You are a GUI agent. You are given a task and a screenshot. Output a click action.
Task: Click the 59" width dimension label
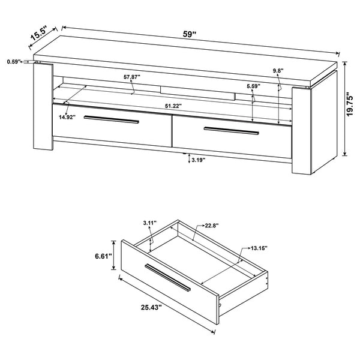pyautogui.click(x=190, y=34)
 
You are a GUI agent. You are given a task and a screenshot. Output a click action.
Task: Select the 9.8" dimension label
pyautogui.click(x=277, y=71)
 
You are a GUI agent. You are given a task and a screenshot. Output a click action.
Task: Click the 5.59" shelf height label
pyautogui.click(x=254, y=86)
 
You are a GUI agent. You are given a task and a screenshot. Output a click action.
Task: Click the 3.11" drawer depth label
pyautogui.click(x=149, y=223)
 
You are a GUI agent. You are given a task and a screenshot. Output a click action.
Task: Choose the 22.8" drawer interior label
pyautogui.click(x=211, y=226)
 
